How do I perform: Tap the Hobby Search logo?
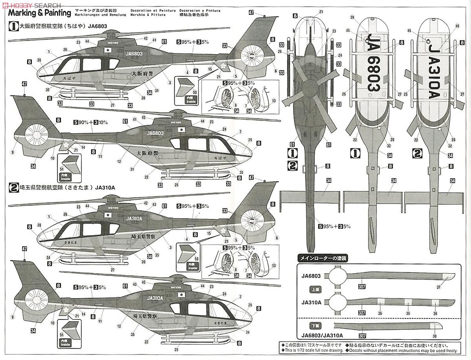[x=31, y=4]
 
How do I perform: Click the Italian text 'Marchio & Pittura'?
[x=151, y=15]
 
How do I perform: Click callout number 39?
[x=352, y=17]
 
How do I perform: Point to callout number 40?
[x=456, y=26]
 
